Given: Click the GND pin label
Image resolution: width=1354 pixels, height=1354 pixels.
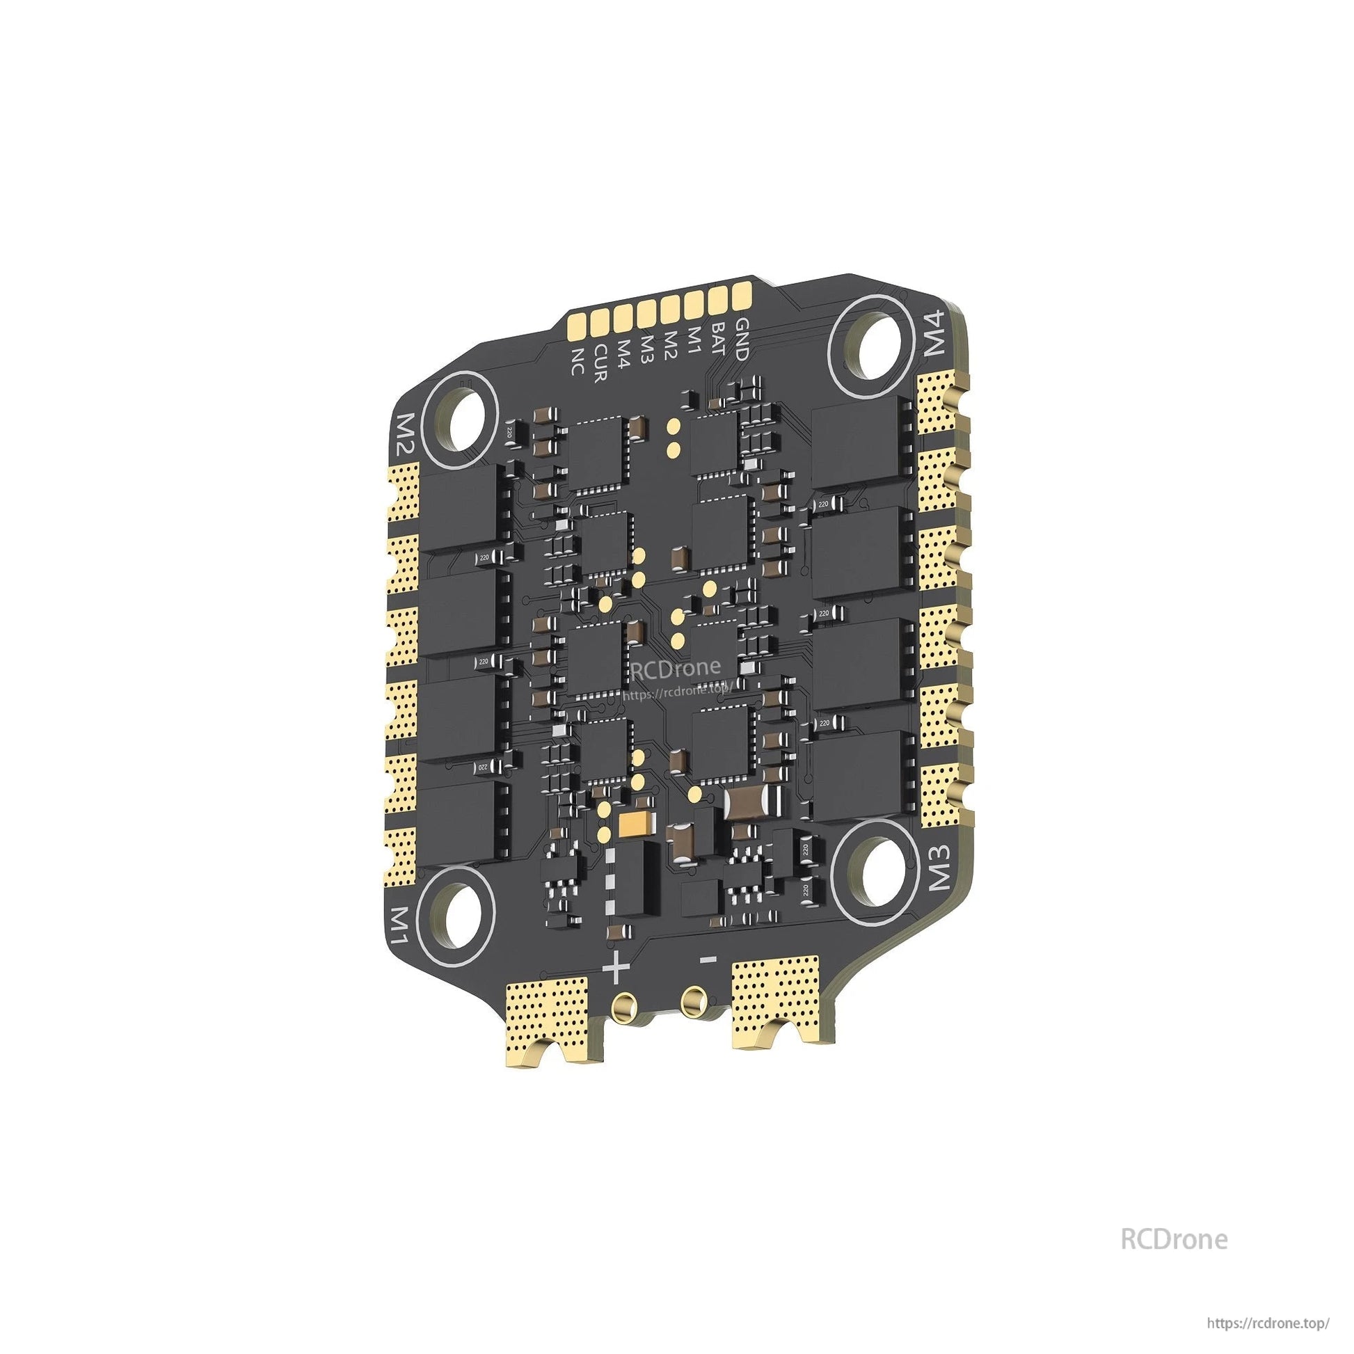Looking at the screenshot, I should point(741,340).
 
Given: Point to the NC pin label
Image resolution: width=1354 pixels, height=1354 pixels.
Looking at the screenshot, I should point(578,361).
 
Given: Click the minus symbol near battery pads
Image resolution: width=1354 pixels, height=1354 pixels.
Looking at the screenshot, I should point(708,959).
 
